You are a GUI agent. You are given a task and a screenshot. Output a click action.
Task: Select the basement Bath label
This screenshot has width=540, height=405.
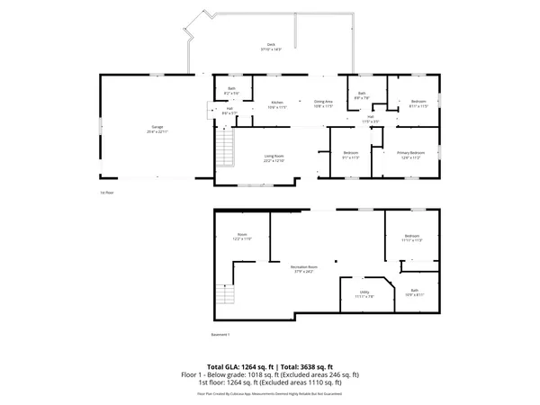pos(414,292)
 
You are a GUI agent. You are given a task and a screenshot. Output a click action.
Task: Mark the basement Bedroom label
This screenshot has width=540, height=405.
pos(412,238)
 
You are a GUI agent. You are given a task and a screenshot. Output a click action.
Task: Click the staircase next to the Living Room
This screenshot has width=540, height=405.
pos(224,147)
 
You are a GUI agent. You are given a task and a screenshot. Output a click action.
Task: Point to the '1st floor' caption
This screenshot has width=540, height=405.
pos(108,193)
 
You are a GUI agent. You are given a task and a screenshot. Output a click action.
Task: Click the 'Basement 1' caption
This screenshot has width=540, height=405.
pos(221,335)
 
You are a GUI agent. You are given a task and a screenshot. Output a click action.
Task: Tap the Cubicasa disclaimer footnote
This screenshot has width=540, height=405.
pos(270,393)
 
